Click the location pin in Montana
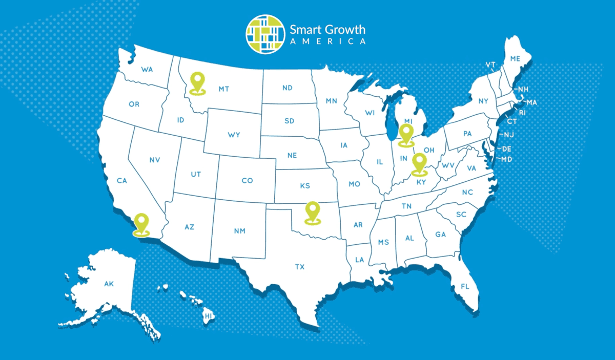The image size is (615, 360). click(197, 82)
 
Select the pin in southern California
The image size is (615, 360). click(141, 224)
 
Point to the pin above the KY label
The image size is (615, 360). click(420, 163)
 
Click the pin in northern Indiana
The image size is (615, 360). click(406, 134)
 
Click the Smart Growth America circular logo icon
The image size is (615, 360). click(264, 33)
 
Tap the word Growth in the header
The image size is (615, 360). click(345, 29)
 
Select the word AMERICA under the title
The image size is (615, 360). click(328, 41)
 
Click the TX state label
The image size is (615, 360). click(299, 267)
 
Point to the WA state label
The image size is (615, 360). click(147, 69)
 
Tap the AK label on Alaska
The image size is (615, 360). click(109, 283)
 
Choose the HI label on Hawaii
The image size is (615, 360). click(208, 317)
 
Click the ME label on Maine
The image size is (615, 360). click(515, 59)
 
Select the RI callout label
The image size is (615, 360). click(522, 112)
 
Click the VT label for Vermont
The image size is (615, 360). click(490, 65)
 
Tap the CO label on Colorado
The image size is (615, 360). click(247, 180)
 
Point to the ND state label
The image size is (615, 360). click(287, 88)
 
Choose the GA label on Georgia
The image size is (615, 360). click(440, 234)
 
